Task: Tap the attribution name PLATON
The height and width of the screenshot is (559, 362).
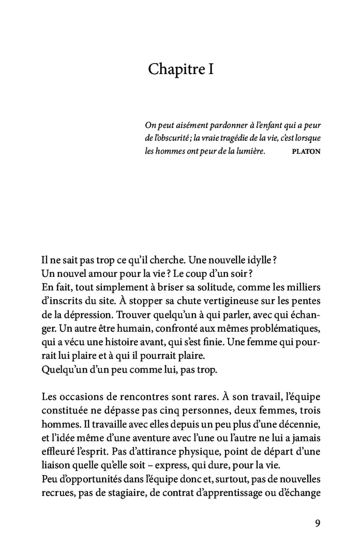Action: pos(306,152)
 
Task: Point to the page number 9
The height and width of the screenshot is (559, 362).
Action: pos(317,523)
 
